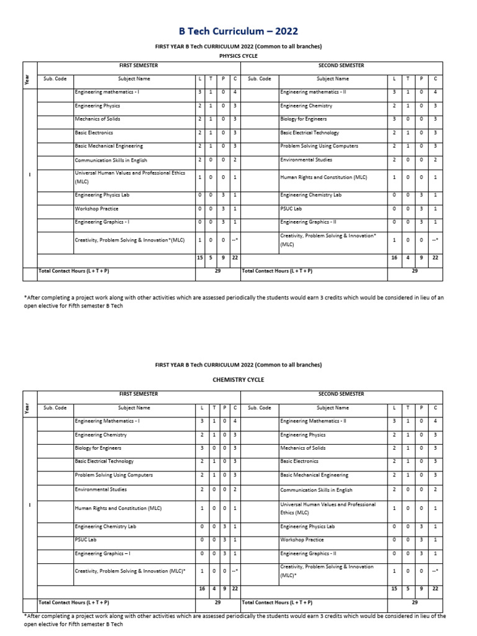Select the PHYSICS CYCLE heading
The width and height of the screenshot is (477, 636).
pyautogui.click(x=238, y=55)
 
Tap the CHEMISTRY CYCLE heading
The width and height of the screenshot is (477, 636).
pyautogui.click(x=238, y=379)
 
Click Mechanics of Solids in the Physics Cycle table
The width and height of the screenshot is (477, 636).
pyautogui.click(x=98, y=119)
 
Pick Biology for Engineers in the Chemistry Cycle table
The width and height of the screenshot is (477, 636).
pyautogui.click(x=98, y=448)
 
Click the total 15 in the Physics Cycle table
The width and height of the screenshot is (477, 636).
pyautogui.click(x=200, y=258)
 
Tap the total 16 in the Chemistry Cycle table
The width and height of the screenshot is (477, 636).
pyautogui.click(x=201, y=588)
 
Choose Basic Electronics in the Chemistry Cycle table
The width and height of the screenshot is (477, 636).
pyautogui.click(x=299, y=461)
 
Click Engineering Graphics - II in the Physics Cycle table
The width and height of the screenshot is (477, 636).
pyautogui.click(x=308, y=222)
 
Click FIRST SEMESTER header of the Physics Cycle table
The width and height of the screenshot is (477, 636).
pyautogui.click(x=139, y=66)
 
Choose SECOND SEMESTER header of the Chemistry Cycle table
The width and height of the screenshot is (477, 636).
pyautogui.click(x=341, y=394)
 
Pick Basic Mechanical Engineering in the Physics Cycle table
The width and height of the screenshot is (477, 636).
pyautogui.click(x=109, y=146)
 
